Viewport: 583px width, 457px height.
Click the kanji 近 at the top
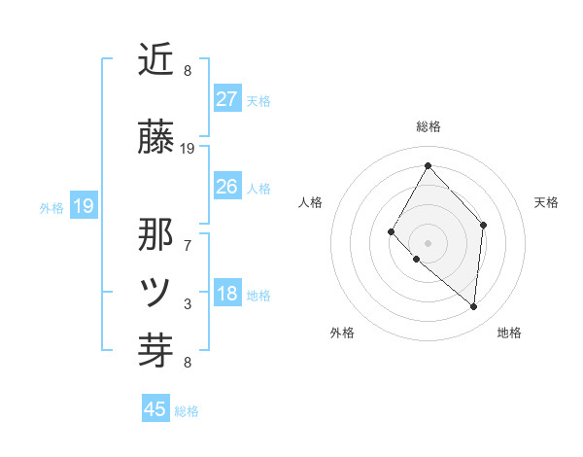[156, 59]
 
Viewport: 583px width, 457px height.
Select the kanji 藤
[156, 137]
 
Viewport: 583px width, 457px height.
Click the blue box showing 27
[227, 99]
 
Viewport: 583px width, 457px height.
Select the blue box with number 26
[227, 187]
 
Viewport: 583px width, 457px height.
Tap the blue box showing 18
[227, 295]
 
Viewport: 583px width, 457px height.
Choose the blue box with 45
[155, 409]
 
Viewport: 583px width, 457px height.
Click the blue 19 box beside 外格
[83, 206]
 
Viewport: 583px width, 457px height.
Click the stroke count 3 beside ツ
[188, 304]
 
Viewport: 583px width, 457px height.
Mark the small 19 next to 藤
[189, 149]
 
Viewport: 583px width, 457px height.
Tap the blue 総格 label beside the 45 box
[188, 411]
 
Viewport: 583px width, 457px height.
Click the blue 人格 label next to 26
[258, 188]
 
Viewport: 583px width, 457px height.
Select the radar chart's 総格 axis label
[428, 126]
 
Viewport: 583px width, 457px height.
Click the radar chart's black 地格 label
[509, 333]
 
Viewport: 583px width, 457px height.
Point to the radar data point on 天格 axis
[484, 225]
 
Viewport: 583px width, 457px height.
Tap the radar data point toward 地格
[474, 306]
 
